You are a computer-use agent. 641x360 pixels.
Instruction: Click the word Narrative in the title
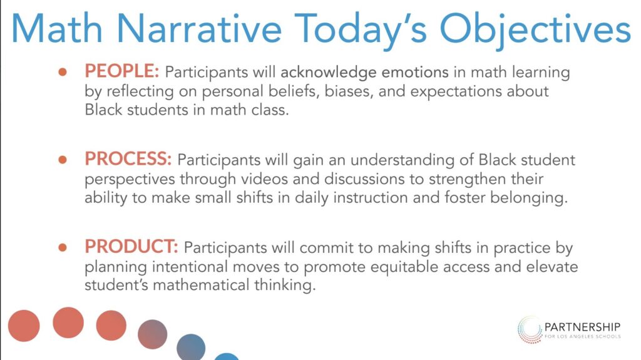tap(199, 29)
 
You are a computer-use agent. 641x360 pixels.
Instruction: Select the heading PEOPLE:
tap(122, 71)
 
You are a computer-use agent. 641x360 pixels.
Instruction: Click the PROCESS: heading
tap(128, 159)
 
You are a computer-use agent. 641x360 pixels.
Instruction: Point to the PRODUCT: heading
tap(131, 246)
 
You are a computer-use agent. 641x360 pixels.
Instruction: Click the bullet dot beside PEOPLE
tap(63, 73)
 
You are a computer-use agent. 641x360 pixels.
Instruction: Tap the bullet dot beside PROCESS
tap(63, 160)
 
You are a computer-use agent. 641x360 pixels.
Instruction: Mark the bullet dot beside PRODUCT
tap(63, 247)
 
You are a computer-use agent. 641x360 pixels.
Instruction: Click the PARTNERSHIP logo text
tap(582, 327)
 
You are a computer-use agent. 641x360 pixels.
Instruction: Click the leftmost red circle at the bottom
tap(24, 326)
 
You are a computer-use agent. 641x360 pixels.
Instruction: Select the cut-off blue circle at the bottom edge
tap(227, 357)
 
